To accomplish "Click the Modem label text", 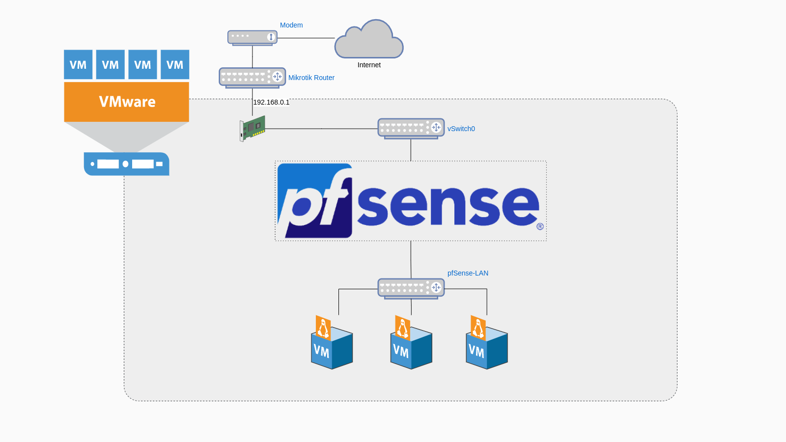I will [291, 25].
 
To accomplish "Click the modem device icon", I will [252, 37].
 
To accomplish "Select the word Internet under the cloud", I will [369, 65].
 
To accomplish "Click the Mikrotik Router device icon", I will [252, 77].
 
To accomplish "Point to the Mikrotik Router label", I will [311, 78].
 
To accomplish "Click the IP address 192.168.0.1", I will [271, 102].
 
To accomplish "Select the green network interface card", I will [253, 128].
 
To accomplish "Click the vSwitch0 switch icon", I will [411, 128].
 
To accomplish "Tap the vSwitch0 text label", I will [461, 129].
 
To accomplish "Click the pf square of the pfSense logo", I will [315, 201].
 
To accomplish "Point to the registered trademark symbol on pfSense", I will [540, 226].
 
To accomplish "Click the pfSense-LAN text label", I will [468, 273].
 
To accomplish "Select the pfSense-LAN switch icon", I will [411, 288].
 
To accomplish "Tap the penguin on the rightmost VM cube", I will [478, 328].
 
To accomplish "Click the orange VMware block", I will [127, 102].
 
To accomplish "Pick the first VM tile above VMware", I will [78, 64].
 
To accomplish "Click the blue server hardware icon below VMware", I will [127, 164].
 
